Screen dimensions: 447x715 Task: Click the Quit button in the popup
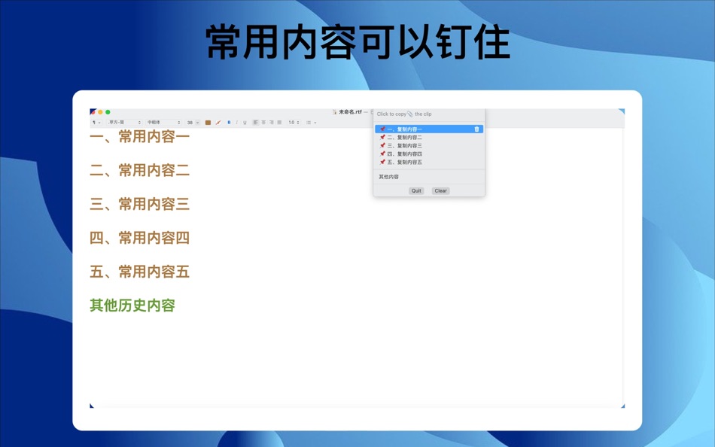416,191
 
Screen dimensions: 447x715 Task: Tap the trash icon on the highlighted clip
476,129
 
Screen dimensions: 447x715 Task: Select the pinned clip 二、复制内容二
405,138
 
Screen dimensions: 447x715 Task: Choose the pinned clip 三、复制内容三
405,146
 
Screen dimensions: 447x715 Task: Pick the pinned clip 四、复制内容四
405,154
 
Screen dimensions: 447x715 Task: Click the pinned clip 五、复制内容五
405,163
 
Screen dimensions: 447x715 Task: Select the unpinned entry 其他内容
389,177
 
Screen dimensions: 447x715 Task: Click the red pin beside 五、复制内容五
382,163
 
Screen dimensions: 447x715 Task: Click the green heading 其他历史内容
132,306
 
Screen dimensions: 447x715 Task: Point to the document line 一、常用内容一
139,137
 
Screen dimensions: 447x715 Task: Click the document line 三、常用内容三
139,204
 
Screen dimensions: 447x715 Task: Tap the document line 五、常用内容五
139,272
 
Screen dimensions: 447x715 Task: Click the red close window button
93,112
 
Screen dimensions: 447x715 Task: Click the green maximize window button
108,112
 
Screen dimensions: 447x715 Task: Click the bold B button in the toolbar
229,123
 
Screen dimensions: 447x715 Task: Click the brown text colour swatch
208,123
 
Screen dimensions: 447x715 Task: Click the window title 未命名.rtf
350,112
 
